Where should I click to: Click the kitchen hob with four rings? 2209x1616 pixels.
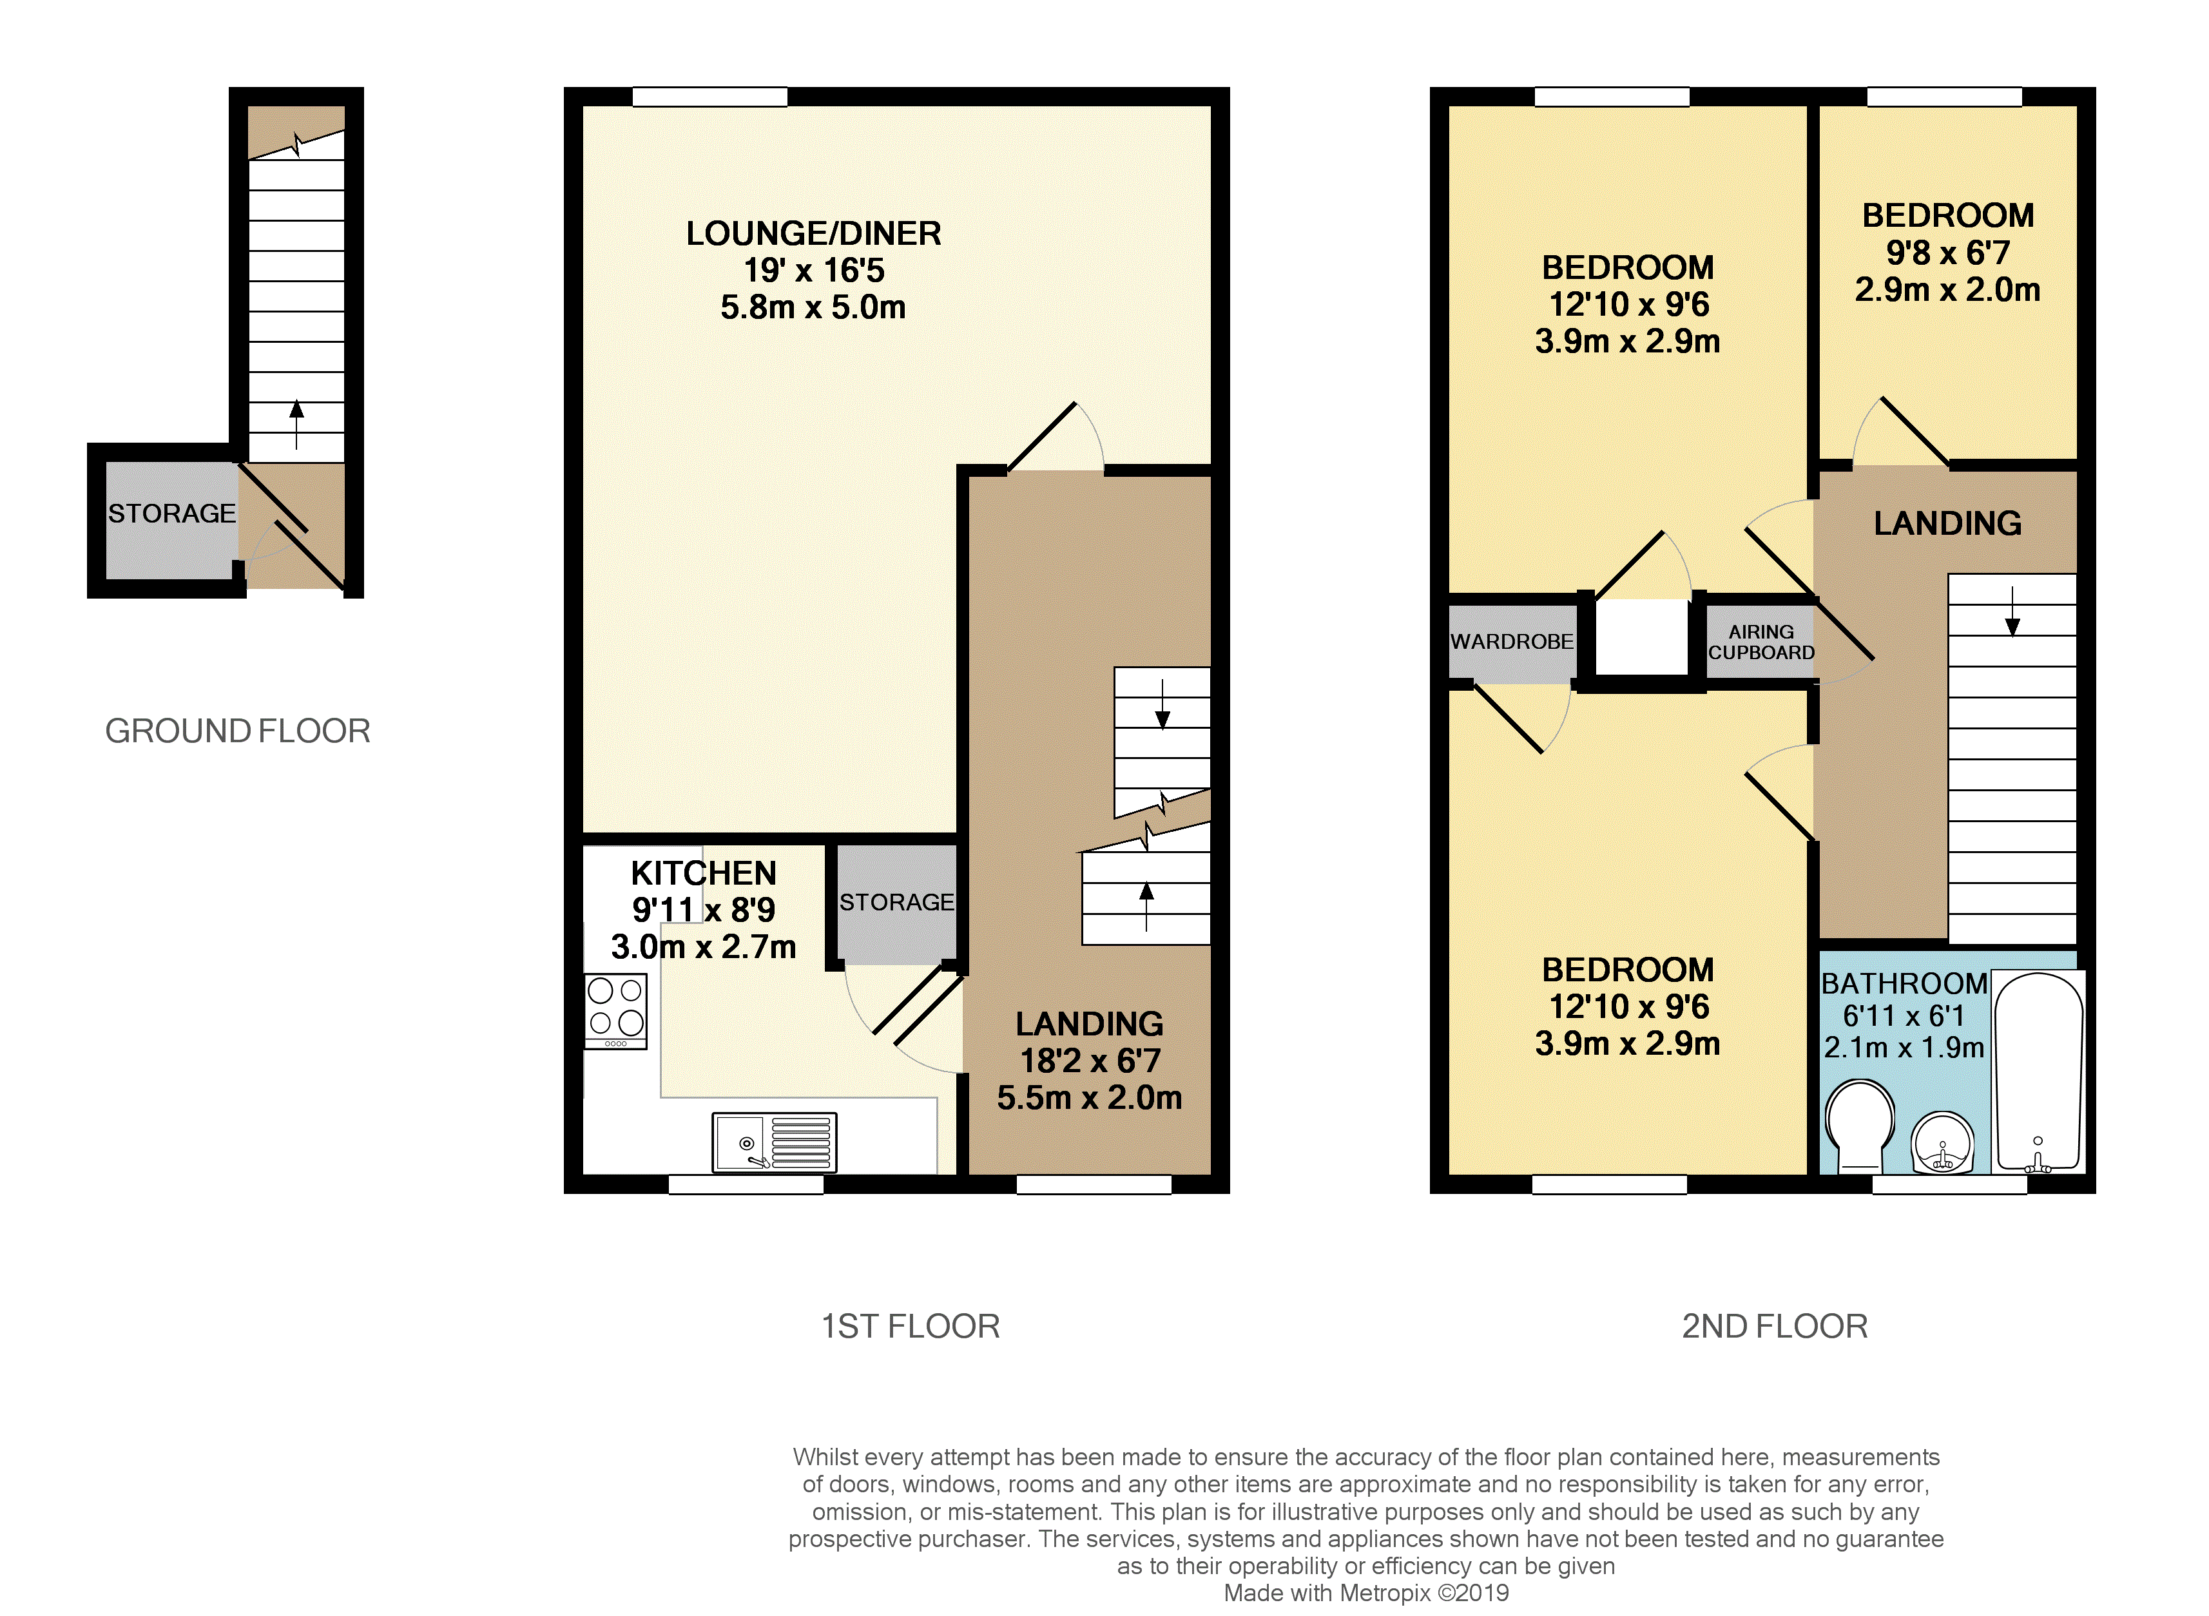point(615,1010)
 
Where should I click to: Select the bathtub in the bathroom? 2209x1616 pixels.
point(2039,1071)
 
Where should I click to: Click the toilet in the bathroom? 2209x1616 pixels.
point(1858,1125)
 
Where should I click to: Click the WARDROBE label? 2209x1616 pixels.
point(1512,642)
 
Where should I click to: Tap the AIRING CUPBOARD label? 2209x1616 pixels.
point(1761,642)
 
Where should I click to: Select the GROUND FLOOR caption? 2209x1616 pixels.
point(238,731)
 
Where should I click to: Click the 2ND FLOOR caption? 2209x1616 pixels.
point(1775,1327)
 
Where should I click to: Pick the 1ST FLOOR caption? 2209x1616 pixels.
point(910,1327)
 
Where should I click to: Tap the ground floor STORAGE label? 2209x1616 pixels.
point(171,514)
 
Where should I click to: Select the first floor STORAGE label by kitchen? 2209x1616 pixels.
point(896,902)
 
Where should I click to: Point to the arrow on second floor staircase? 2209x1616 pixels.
point(2012,612)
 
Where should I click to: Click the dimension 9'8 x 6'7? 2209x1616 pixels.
point(1948,253)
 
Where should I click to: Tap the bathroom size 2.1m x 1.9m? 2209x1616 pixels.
point(1904,1048)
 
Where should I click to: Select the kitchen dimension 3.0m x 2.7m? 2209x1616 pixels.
point(704,947)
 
